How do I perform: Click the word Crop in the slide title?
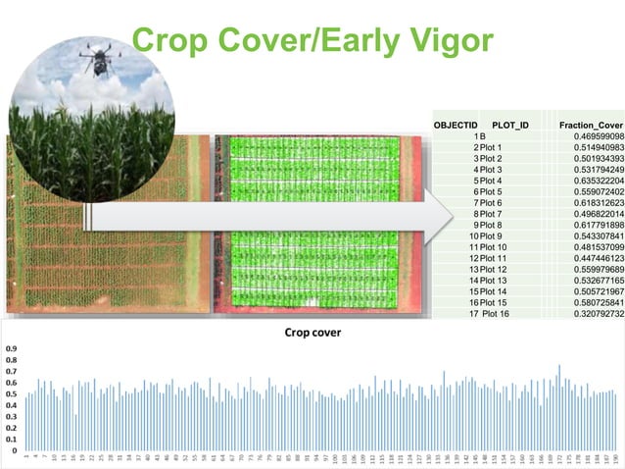[x=173, y=40]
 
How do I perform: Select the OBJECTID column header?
[x=455, y=125]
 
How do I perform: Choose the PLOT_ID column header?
[x=509, y=125]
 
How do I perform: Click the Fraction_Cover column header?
[x=591, y=125]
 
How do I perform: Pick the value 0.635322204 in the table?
[x=591, y=181]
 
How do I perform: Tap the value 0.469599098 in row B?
[x=591, y=135]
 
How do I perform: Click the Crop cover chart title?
[x=311, y=333]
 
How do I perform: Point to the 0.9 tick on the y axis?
[x=11, y=348]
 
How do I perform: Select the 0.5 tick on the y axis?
[x=11, y=393]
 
